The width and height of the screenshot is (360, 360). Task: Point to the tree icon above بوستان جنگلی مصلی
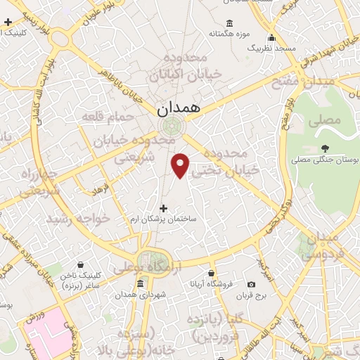coord(324,148)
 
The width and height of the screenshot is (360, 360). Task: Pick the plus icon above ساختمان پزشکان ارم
coord(164,208)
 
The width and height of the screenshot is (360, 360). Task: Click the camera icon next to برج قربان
coord(252,285)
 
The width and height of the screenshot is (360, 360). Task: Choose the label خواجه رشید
coord(78,219)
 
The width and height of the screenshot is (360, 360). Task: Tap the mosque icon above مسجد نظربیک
coord(271,38)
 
